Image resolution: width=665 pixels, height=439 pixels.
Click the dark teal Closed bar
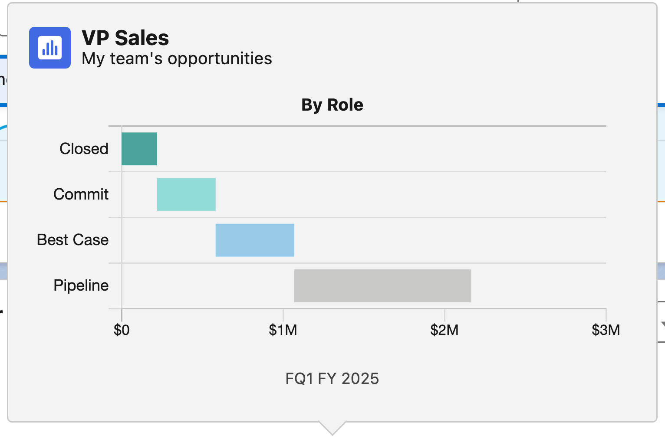(x=139, y=149)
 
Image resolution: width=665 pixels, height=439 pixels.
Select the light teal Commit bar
(x=186, y=194)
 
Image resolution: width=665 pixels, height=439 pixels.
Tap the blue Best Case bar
(x=255, y=240)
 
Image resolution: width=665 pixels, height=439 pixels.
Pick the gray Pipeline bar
(x=382, y=285)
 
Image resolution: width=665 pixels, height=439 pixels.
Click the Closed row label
(x=84, y=149)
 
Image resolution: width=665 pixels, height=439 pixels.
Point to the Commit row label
(x=81, y=194)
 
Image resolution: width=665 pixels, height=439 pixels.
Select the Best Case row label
(x=72, y=240)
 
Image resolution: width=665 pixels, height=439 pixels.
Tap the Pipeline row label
(x=81, y=285)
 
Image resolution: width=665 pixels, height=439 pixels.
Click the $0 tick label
(x=122, y=330)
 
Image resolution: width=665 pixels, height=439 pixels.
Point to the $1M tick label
(x=283, y=330)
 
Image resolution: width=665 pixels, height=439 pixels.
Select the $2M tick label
(x=444, y=330)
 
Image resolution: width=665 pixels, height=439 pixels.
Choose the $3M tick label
(x=606, y=330)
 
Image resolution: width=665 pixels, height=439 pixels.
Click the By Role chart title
(x=332, y=105)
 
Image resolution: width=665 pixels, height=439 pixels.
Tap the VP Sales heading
(x=125, y=38)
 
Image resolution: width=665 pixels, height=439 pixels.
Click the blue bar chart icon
(x=50, y=48)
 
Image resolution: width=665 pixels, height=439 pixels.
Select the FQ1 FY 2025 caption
(x=332, y=379)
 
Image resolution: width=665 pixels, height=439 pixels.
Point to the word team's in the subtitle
(x=137, y=59)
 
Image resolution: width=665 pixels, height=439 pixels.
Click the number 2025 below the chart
(x=360, y=379)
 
